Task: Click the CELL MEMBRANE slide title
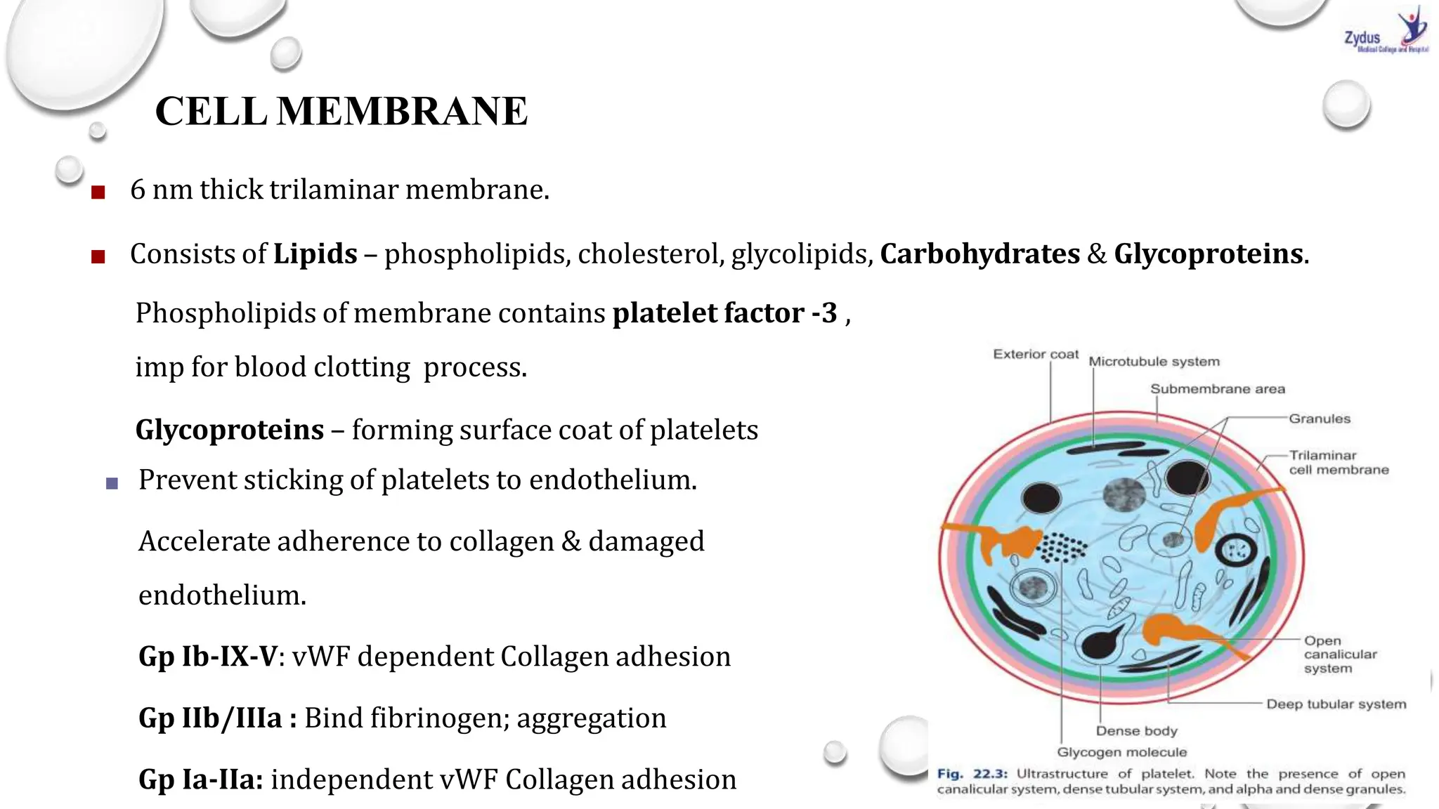point(341,111)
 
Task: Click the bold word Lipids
point(315,254)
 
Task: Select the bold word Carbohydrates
point(979,254)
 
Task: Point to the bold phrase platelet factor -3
point(724,313)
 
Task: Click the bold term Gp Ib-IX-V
point(208,657)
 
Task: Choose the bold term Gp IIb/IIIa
point(216,718)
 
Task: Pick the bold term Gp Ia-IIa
point(201,780)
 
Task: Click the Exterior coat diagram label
point(1035,354)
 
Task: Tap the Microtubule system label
point(1154,362)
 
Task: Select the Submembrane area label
point(1217,389)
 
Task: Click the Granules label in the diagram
point(1319,419)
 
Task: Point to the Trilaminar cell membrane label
point(1338,463)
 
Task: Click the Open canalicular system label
point(1339,655)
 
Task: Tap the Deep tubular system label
point(1336,704)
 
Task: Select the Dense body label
point(1136,731)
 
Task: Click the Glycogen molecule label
point(1121,752)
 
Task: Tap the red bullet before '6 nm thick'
point(98,192)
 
